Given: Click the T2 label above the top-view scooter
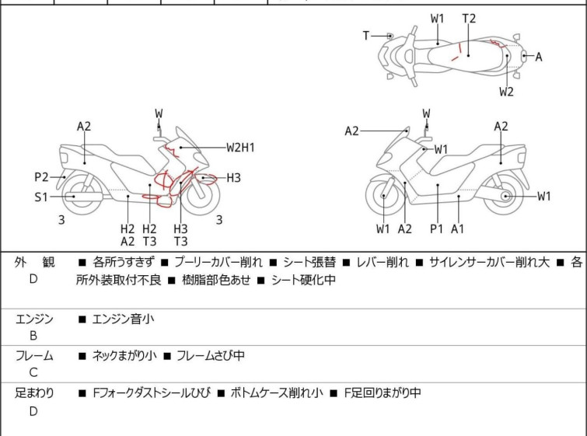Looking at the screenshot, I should click(x=469, y=19).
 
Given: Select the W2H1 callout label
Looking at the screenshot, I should click(x=241, y=146).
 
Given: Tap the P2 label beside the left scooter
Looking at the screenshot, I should click(x=41, y=176).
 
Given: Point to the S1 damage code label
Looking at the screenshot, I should click(x=41, y=197).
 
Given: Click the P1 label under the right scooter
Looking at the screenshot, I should click(x=437, y=228).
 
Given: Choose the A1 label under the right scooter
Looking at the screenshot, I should click(x=458, y=228).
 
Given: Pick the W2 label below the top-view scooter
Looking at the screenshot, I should click(x=506, y=92).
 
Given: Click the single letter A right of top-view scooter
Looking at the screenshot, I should click(x=539, y=56).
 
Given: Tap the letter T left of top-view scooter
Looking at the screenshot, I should click(x=366, y=36).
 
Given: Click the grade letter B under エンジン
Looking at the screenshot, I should click(x=33, y=336).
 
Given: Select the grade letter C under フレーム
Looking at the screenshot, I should click(x=33, y=372).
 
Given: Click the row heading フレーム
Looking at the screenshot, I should click(x=34, y=356).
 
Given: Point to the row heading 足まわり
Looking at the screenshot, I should click(x=34, y=393).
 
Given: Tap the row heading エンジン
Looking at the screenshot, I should click(x=34, y=319).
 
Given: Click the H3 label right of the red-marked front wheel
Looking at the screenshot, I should click(x=233, y=178).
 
